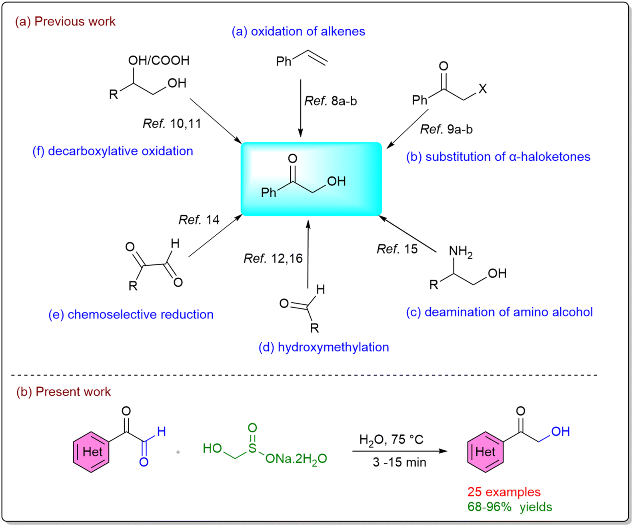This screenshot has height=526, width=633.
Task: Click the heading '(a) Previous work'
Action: [65, 22]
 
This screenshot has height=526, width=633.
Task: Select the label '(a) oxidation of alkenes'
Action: [298, 32]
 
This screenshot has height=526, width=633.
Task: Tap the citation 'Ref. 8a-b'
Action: [330, 101]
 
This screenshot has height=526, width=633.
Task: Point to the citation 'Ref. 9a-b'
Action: [446, 129]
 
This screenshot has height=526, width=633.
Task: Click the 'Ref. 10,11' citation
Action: [172, 124]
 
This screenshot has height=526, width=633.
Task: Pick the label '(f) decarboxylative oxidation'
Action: [113, 151]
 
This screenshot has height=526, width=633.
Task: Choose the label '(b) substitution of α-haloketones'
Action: [498, 157]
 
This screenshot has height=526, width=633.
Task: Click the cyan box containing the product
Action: [312, 179]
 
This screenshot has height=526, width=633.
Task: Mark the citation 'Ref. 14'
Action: [199, 220]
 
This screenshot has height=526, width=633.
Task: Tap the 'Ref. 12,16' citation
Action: [273, 258]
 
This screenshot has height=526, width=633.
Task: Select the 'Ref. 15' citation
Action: [397, 249]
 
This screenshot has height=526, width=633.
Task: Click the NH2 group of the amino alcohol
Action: [461, 252]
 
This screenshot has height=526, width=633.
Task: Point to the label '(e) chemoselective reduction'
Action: [131, 314]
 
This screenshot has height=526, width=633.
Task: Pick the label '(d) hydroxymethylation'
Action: [324, 347]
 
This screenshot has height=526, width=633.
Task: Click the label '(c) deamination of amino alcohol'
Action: [499, 312]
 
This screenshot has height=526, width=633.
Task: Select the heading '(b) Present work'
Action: [63, 392]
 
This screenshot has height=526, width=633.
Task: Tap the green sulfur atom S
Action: [252, 448]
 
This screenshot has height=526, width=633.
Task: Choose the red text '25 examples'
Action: [504, 492]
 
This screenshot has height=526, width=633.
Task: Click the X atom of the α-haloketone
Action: [483, 89]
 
